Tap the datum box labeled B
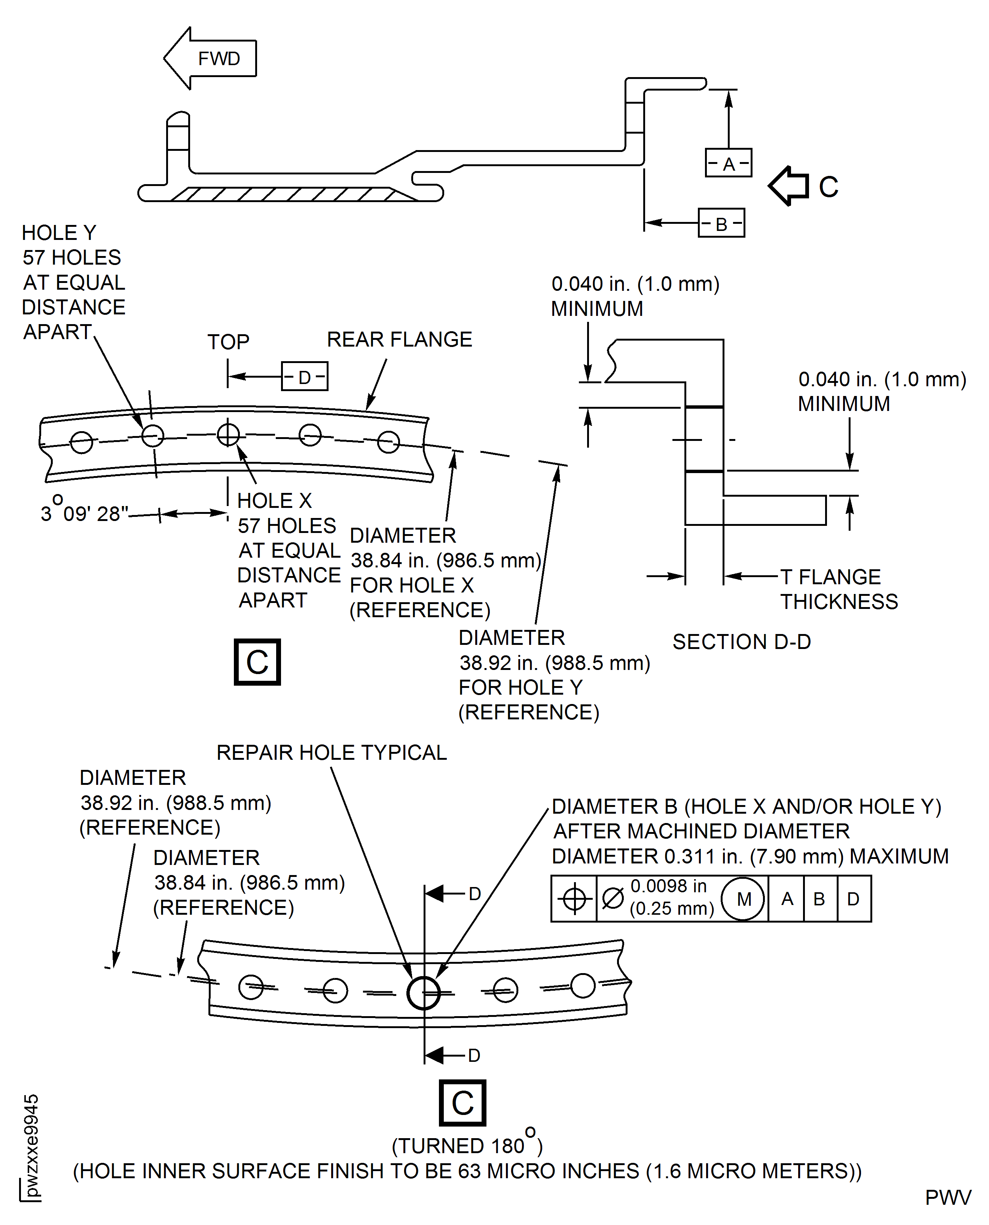point(721,223)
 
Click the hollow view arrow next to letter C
point(789,186)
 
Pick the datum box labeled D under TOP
point(305,377)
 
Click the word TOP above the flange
point(228,342)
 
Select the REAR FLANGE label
point(399,339)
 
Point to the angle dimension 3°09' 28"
point(84,513)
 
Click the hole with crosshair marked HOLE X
point(229,435)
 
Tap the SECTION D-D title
point(741,642)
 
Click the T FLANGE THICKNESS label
point(838,589)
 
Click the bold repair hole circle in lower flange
point(424,993)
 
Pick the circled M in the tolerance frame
point(743,899)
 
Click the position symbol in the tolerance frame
point(574,899)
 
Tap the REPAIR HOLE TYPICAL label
point(332,753)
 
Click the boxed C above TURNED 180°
point(462,1103)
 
